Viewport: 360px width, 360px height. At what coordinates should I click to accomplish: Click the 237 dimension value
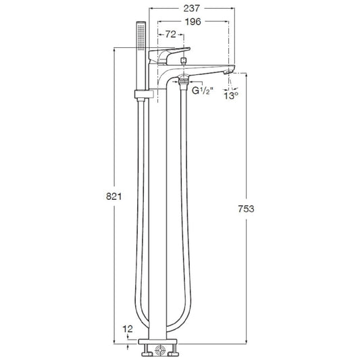click(x=192, y=9)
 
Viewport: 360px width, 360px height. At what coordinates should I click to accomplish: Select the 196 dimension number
click(x=193, y=22)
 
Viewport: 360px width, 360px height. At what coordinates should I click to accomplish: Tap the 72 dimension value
click(x=171, y=34)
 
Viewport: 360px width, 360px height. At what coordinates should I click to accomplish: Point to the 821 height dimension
click(x=114, y=197)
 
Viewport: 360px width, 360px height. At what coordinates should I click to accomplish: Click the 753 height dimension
click(x=246, y=209)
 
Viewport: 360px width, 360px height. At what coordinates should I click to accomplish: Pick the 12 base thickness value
click(x=128, y=329)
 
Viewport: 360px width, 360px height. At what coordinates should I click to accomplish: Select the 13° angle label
click(x=231, y=95)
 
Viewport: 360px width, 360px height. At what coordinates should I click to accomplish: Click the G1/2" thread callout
click(x=203, y=91)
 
